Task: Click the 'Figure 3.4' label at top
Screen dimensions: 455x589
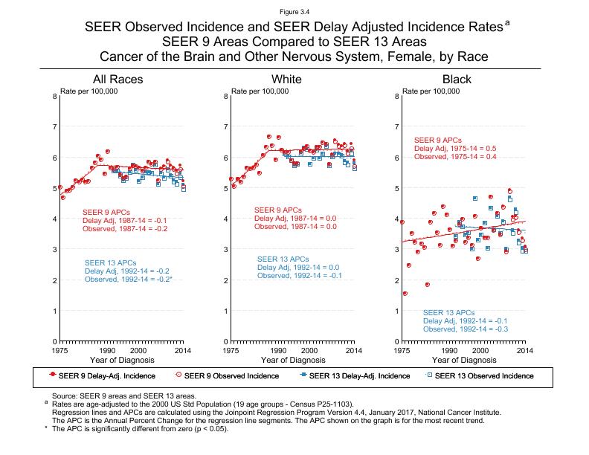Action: pyautogui.click(x=294, y=11)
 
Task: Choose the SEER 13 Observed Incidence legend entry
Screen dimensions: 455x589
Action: pyautogui.click(x=483, y=375)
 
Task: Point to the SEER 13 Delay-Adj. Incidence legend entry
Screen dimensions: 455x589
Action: pyautogui.click(x=353, y=375)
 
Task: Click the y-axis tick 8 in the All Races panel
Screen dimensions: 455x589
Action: pyautogui.click(x=54, y=96)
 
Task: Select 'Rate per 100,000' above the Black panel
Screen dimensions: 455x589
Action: pyautogui.click(x=431, y=91)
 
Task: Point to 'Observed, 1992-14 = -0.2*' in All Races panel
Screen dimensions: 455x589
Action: pyautogui.click(x=129, y=280)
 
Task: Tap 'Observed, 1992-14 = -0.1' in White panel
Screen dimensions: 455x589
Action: pyautogui.click(x=299, y=276)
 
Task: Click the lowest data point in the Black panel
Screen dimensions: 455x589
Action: pyautogui.click(x=405, y=294)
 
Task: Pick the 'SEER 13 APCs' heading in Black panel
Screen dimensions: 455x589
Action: pyautogui.click(x=448, y=312)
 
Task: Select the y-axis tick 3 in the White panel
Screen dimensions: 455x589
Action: pyautogui.click(x=225, y=249)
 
